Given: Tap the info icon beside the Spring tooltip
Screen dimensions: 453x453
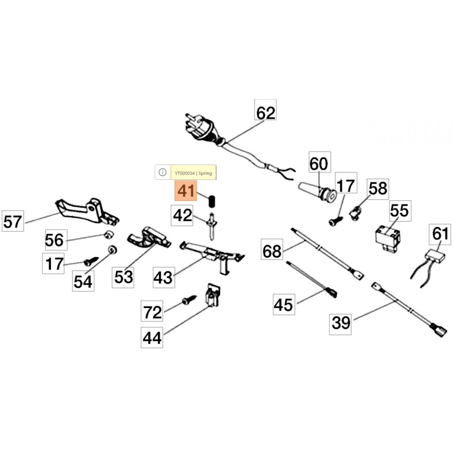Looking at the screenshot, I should (x=162, y=172).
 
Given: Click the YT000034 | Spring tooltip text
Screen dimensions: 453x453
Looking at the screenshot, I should (x=193, y=173).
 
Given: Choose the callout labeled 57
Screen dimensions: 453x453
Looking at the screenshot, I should (x=12, y=221).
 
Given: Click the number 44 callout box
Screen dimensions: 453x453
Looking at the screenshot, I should (x=152, y=337).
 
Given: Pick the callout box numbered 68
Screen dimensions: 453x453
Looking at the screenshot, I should (x=272, y=250).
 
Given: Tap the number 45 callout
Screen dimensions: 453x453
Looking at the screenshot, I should (x=284, y=305).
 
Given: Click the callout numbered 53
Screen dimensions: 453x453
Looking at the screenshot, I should (x=123, y=277).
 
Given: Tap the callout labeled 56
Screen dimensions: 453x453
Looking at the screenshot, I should (x=56, y=240).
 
